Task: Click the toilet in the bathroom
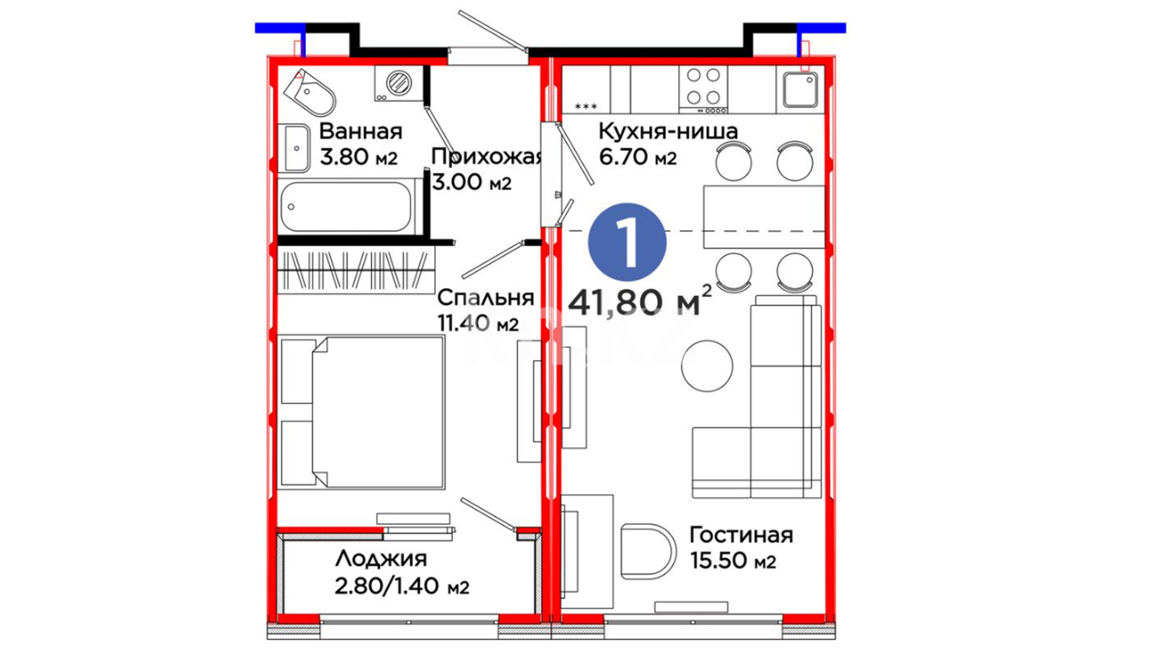[x=309, y=93]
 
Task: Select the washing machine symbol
[x=398, y=83]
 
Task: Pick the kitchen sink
[x=800, y=90]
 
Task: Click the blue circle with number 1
[x=627, y=242]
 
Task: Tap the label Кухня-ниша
[x=668, y=131]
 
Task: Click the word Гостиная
[x=741, y=535]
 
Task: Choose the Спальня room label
[x=485, y=298]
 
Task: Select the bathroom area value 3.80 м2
[x=358, y=157]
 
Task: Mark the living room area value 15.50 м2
[x=733, y=561]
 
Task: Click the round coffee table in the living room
[x=707, y=366]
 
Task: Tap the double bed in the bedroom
[x=363, y=412]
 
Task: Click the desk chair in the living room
[x=648, y=550]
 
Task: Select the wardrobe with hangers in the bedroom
[x=356, y=271]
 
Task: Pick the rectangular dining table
[x=764, y=217]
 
